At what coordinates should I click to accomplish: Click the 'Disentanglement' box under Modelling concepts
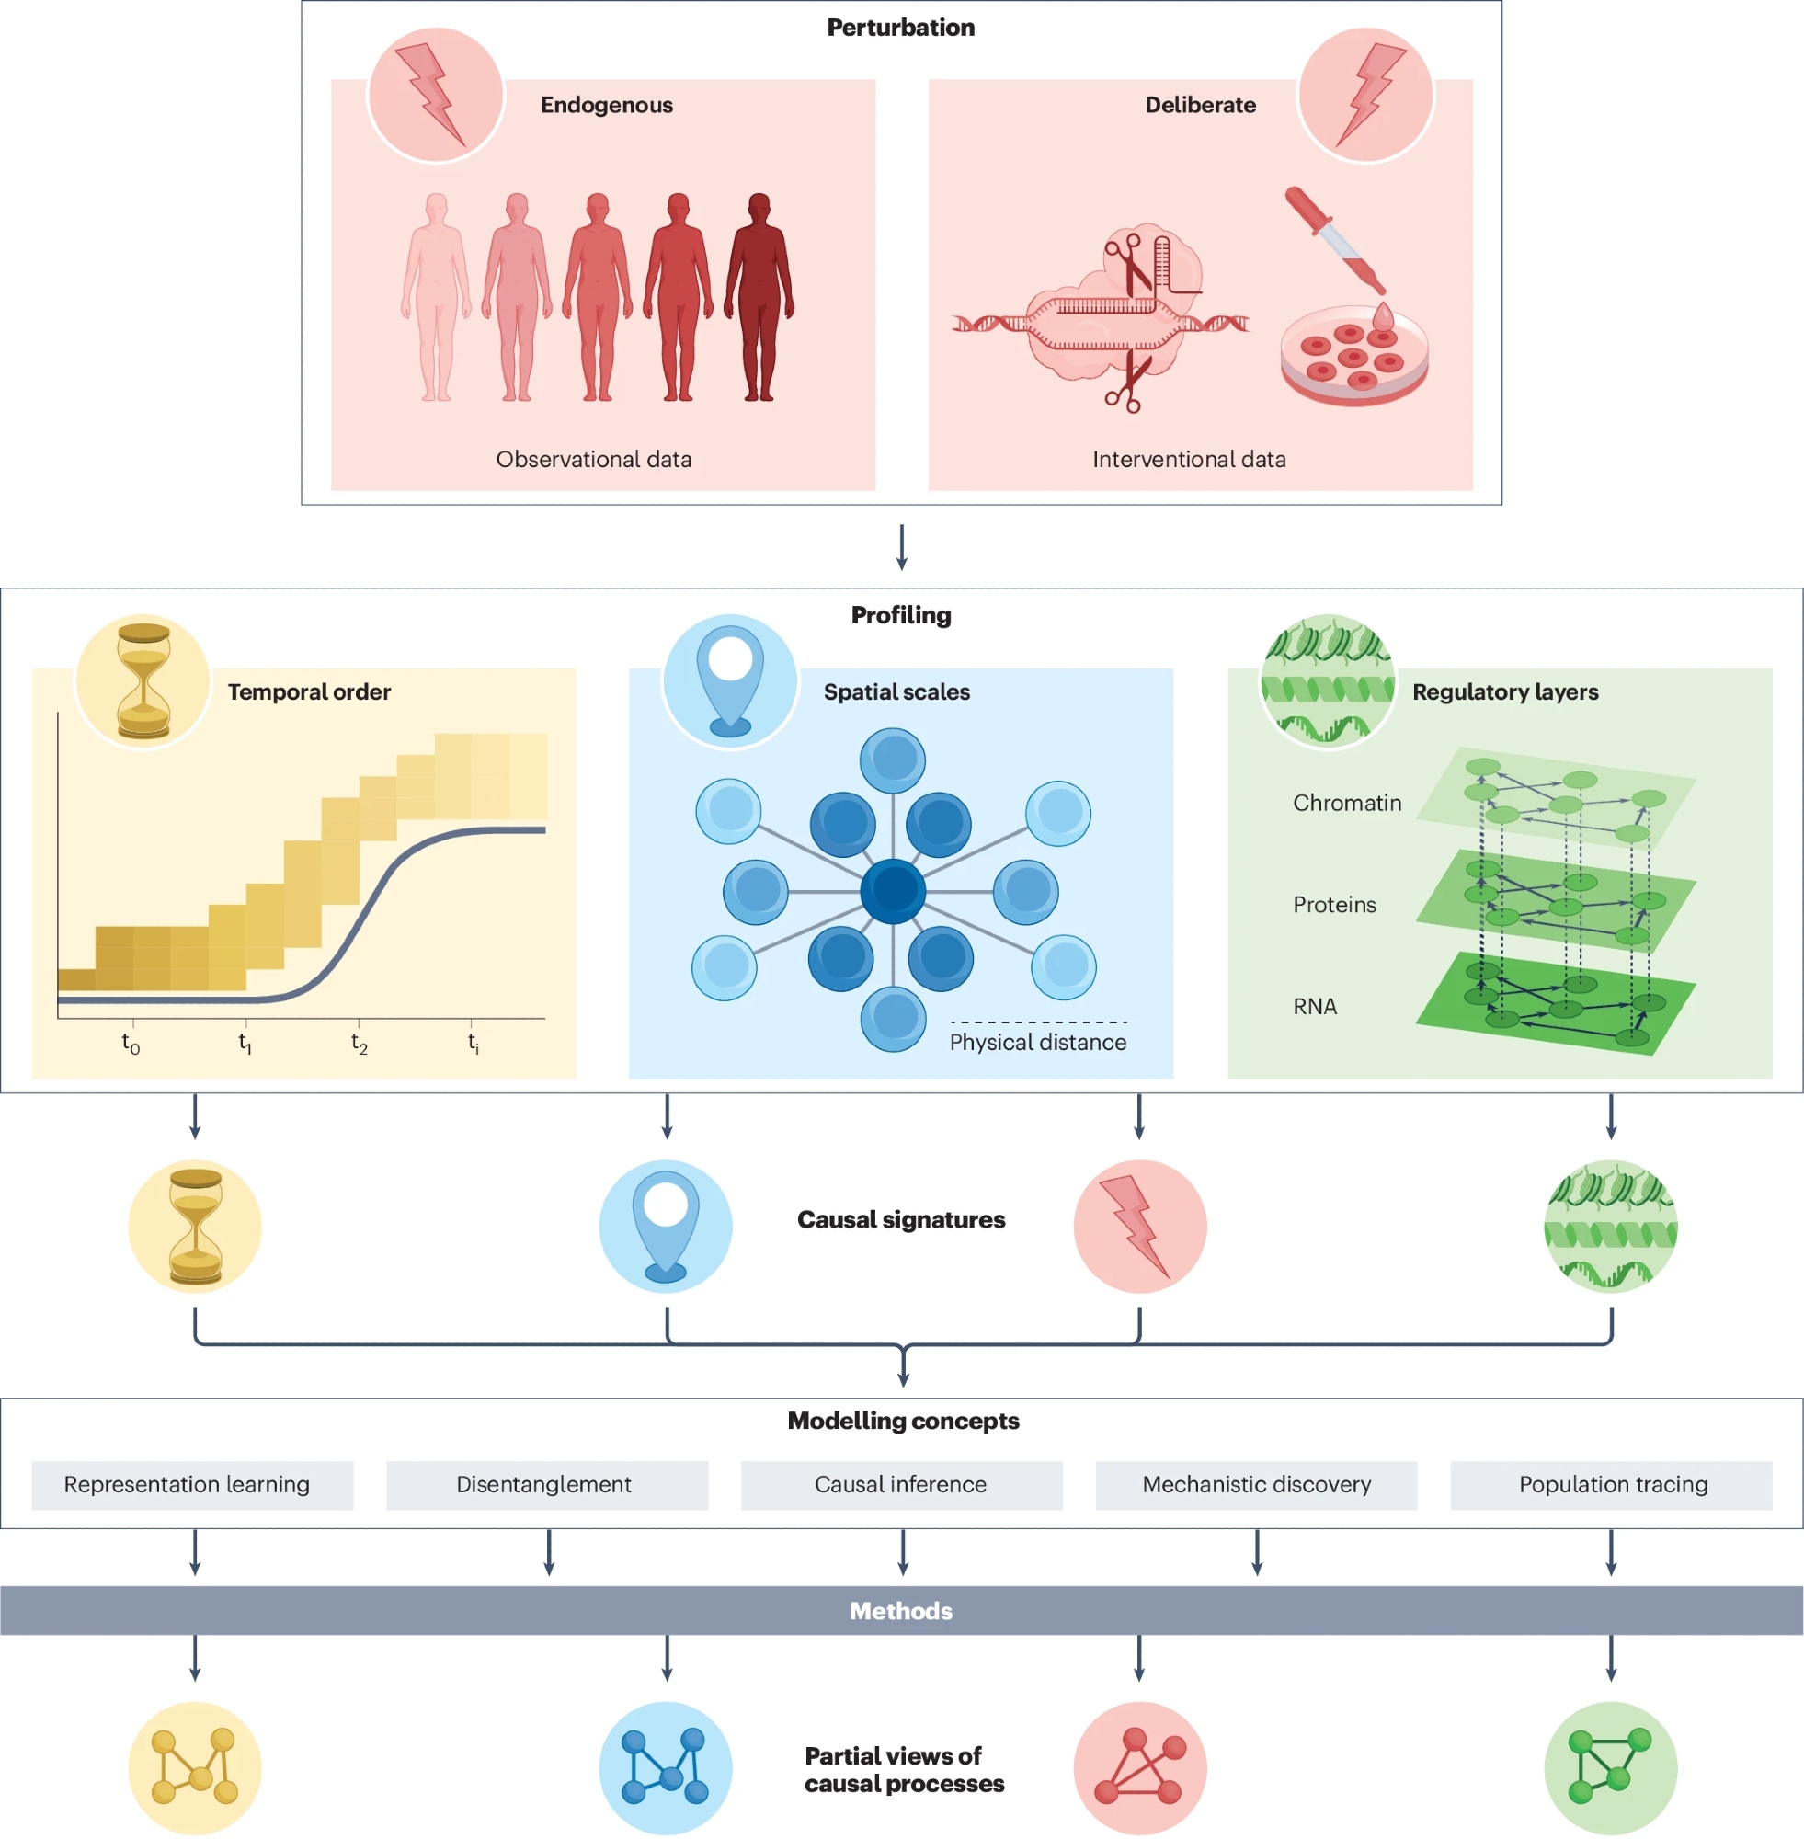[547, 1485]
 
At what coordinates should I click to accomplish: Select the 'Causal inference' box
[901, 1485]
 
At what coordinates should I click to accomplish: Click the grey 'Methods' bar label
[901, 1611]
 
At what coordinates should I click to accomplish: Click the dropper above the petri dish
[1334, 239]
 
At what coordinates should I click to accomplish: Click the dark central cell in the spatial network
[893, 891]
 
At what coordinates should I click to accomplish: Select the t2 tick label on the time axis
[360, 1043]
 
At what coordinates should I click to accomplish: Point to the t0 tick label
[131, 1043]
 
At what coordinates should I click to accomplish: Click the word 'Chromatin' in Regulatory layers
[1346, 804]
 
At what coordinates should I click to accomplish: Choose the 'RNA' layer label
[1314, 1006]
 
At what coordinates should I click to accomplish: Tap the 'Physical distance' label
[1037, 1042]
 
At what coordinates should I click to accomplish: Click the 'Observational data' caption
[594, 460]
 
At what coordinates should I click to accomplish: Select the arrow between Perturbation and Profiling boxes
[901, 547]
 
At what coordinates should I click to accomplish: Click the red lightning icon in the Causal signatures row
[1140, 1226]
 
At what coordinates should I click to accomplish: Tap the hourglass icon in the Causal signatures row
[195, 1226]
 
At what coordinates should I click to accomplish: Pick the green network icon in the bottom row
[1611, 1768]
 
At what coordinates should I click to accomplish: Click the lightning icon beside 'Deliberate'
[1365, 95]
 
